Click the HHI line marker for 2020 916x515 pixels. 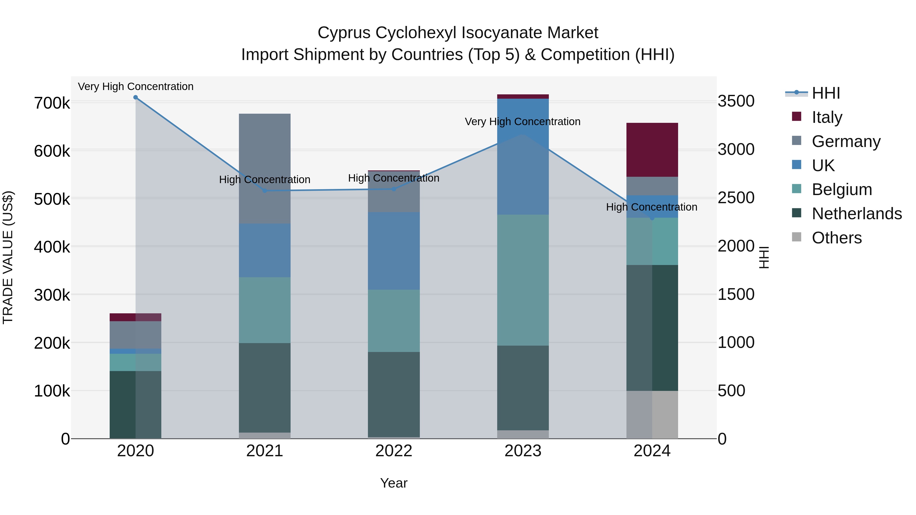pyautogui.click(x=135, y=97)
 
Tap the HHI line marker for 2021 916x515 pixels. pyautogui.click(x=265, y=191)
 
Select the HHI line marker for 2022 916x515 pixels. pyautogui.click(x=394, y=189)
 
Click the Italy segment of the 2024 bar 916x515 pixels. pyautogui.click(x=652, y=150)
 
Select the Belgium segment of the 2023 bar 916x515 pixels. pyautogui.click(x=523, y=280)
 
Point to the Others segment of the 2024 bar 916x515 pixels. pyautogui.click(x=652, y=415)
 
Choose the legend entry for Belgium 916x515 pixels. pyautogui.click(x=842, y=189)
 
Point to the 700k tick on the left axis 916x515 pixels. pyautogui.click(x=52, y=104)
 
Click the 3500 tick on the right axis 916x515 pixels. pyautogui.click(x=736, y=101)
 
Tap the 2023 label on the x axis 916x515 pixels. pyautogui.click(x=523, y=451)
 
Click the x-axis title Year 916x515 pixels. pyautogui.click(x=394, y=483)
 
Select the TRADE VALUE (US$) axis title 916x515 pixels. pyautogui.click(x=8, y=257)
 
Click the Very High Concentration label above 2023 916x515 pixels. pyautogui.click(x=522, y=122)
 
